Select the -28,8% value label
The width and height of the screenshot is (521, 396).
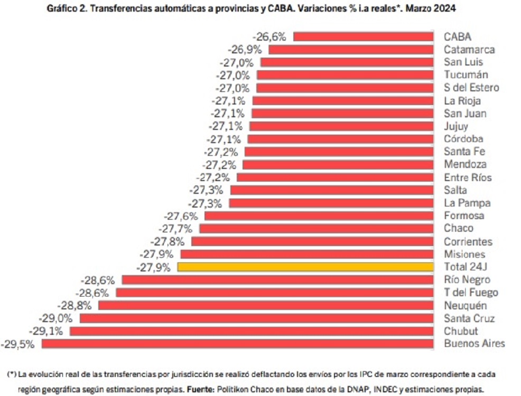(75, 305)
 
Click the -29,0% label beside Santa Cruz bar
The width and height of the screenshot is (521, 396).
(55, 318)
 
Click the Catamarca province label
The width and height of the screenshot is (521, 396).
(469, 50)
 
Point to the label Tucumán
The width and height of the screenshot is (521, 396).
(466, 75)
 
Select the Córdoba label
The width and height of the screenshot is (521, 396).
(463, 139)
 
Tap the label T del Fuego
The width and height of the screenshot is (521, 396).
(470, 293)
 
